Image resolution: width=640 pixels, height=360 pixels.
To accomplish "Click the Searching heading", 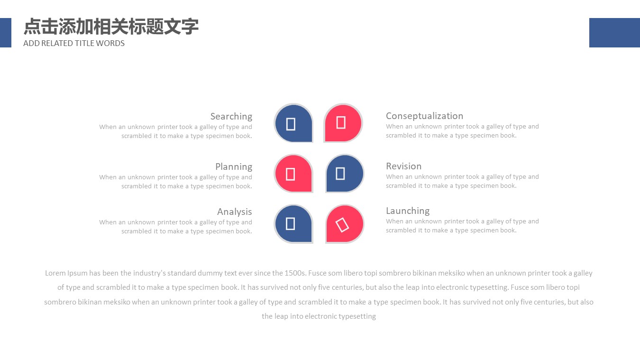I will coord(231,116).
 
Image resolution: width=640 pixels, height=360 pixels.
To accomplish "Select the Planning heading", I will coord(233,166).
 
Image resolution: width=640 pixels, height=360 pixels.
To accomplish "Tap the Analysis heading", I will coord(234,212).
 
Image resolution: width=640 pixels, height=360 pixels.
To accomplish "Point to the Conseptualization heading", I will coord(424,116).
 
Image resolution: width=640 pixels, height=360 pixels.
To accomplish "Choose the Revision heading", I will coord(403,166).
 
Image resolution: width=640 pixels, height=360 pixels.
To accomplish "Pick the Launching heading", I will coord(407,211).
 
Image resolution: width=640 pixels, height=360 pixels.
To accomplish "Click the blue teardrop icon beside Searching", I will coord(293,123).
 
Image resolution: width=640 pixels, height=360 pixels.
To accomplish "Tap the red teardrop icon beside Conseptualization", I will coord(343,123).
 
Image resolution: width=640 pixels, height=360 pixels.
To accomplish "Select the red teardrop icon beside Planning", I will coord(293,174).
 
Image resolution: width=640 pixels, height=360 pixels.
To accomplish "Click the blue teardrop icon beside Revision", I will coord(345,173).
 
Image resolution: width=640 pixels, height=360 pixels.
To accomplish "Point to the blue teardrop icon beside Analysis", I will coord(293,223).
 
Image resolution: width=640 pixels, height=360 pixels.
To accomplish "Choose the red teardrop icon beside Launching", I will coord(345,223).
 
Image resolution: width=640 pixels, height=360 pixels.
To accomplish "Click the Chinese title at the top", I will coord(111,27).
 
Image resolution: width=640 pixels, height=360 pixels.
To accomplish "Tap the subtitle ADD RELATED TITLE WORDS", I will coord(74,43).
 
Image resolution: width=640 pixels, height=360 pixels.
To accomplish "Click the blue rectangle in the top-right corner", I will coord(614,33).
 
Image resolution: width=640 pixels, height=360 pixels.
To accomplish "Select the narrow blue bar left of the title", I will coord(5,33).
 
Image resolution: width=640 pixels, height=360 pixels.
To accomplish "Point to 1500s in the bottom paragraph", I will coord(295,273).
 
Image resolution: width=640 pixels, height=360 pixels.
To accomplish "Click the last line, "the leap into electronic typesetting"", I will coord(319,316).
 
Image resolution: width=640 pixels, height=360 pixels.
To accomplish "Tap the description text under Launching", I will coord(462,226).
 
